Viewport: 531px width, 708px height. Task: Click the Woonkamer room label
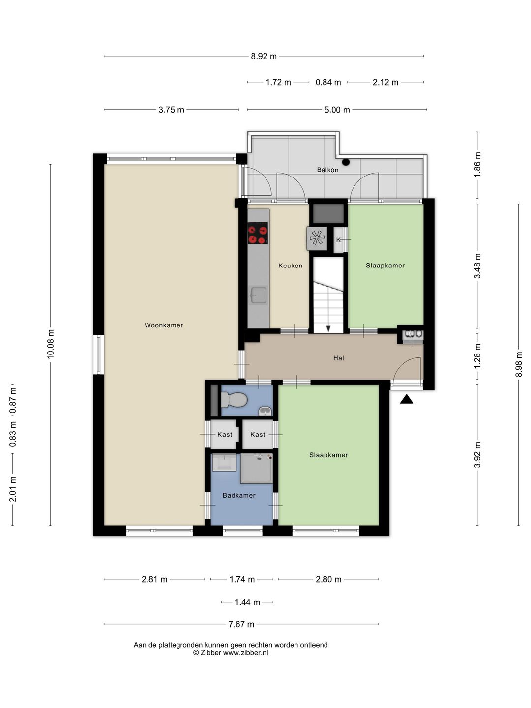(163, 325)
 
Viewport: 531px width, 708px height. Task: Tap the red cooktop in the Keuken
(258, 233)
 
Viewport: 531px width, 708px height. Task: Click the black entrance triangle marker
(407, 399)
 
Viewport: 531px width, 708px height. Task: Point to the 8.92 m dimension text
(264, 56)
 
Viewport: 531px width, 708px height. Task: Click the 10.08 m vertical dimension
(50, 344)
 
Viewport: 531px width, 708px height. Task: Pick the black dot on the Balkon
(346, 162)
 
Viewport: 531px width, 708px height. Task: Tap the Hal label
(339, 358)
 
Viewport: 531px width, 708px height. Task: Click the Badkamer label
(239, 495)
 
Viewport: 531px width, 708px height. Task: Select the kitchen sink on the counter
(259, 295)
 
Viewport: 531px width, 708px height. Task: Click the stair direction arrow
(328, 329)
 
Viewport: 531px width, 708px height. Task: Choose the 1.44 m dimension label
(247, 602)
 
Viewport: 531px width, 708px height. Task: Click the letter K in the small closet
(338, 240)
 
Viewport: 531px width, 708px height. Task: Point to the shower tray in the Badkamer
(257, 469)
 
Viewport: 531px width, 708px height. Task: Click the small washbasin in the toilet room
(265, 411)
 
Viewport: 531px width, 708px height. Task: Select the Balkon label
(327, 170)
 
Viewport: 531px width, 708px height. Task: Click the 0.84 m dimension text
(328, 82)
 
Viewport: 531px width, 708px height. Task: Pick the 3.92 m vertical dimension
(477, 455)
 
